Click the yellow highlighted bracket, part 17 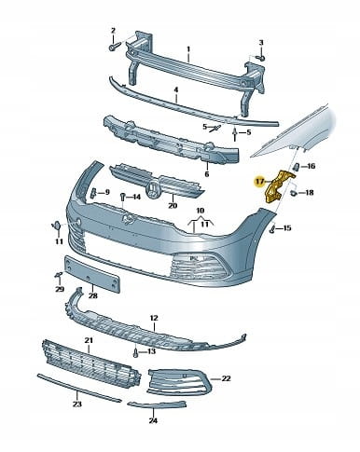click(276, 186)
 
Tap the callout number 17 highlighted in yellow click(259, 181)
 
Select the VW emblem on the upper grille click(152, 189)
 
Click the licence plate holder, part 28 click(91, 274)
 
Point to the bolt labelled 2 click(113, 48)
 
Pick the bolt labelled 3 click(261, 58)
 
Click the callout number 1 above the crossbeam click(188, 49)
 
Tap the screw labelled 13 click(135, 352)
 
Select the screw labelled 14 click(123, 197)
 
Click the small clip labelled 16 click(296, 167)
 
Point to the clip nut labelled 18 click(293, 193)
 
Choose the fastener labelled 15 click(272, 229)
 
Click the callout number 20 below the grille click(173, 205)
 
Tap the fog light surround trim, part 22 click(180, 382)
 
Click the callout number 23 click(77, 404)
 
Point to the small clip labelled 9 click(93, 193)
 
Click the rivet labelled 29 click(59, 275)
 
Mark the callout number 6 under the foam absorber click(207, 174)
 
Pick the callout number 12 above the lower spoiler click(154, 318)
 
